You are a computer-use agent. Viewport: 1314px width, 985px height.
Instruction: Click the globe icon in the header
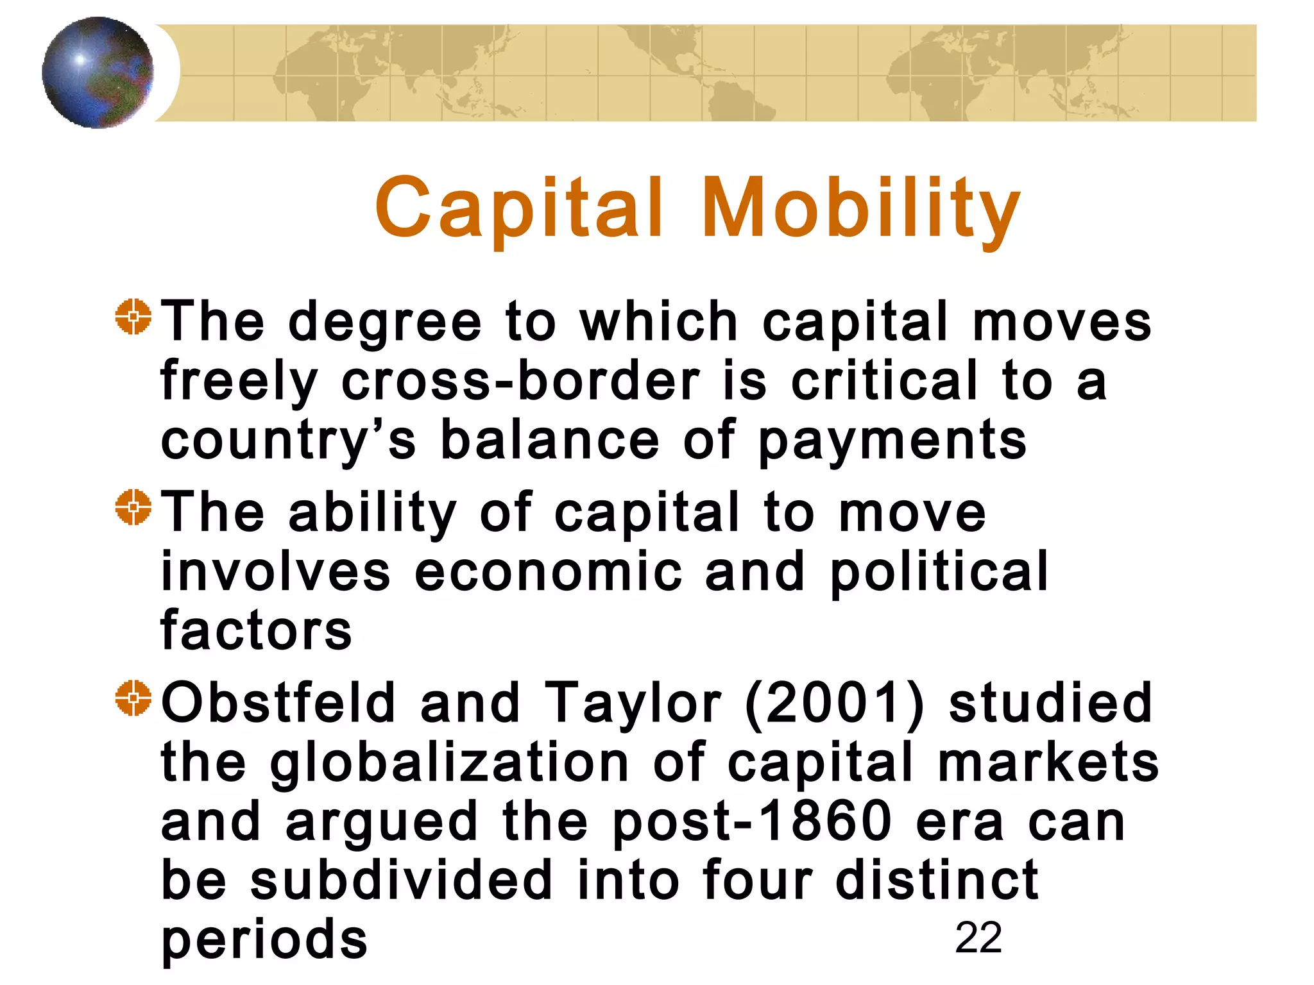[x=98, y=72]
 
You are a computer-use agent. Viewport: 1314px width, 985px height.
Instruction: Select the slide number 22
[x=978, y=938]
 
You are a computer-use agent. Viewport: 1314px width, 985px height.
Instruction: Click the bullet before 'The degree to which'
[x=133, y=317]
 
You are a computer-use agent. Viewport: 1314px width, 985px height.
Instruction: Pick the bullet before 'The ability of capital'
[x=133, y=507]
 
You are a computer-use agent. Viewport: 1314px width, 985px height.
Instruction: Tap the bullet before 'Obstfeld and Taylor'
[x=133, y=698]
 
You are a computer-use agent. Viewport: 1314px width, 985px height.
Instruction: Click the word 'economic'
[x=549, y=571]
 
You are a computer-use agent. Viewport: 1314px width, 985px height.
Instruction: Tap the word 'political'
[x=939, y=571]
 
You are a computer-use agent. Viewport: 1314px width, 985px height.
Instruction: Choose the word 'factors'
[x=256, y=630]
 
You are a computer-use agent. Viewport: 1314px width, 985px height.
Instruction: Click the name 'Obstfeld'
[x=278, y=702]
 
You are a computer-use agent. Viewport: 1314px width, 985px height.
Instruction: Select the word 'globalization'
[x=449, y=763]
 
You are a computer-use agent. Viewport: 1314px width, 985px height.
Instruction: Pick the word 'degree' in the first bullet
[x=385, y=322]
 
